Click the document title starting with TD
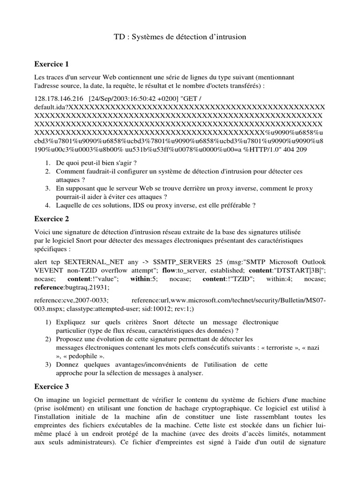coord(180,37)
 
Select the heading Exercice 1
coord(52,64)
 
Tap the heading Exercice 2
coord(52,218)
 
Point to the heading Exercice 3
coord(52,386)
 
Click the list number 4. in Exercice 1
coord(48,205)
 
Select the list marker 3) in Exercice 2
coord(48,364)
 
